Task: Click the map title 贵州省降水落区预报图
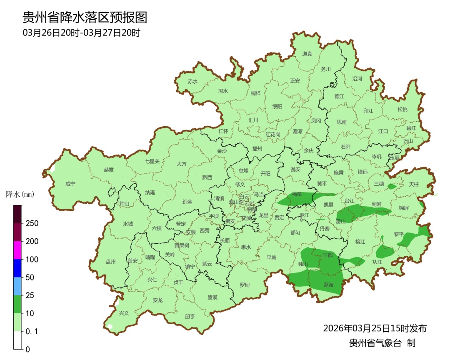[85, 17]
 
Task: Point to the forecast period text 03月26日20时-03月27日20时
[81, 33]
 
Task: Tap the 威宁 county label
[71, 184]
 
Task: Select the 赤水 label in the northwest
[192, 82]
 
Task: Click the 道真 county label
[307, 54]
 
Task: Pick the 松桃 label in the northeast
[402, 110]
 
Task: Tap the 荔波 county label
[328, 285]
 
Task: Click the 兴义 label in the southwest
[124, 313]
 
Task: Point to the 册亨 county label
[190, 316]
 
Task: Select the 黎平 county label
[399, 234]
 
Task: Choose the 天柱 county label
[413, 184]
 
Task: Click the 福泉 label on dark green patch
[297, 194]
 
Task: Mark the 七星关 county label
[152, 161]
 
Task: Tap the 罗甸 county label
[245, 285]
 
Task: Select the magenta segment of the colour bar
[17, 250]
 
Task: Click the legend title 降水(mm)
[20, 195]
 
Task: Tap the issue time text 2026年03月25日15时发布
[375, 328]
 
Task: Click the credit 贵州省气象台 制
[382, 343]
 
